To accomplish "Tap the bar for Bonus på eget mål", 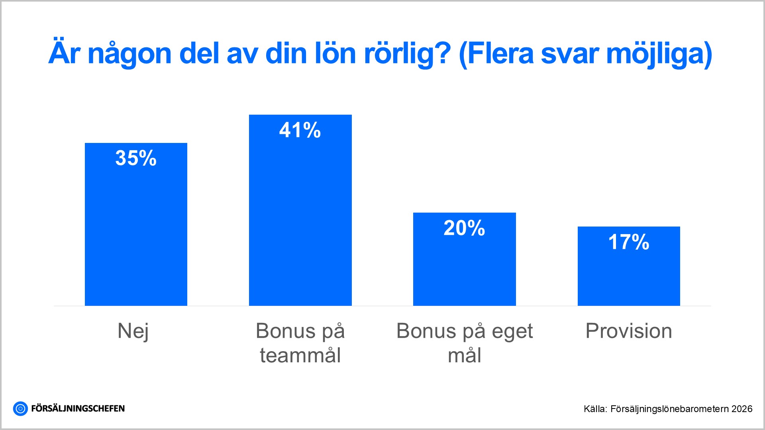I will [x=464, y=267].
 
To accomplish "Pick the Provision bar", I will [x=629, y=275].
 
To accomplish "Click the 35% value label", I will [x=136, y=158].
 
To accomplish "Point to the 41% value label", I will [x=300, y=130].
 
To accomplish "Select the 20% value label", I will [x=464, y=228].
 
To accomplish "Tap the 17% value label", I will [x=629, y=242].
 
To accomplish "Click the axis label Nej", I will [x=133, y=331].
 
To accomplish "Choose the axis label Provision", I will [x=629, y=331].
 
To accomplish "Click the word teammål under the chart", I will [x=300, y=355].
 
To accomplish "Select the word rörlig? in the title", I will [x=407, y=54].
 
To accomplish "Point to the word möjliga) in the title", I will [x=659, y=54].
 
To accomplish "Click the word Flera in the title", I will [x=500, y=53].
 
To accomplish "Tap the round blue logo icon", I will [x=20, y=408].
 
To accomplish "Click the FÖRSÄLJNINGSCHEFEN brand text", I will [x=78, y=408].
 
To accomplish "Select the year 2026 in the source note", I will [x=742, y=409].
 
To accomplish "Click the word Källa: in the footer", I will [x=595, y=409].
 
